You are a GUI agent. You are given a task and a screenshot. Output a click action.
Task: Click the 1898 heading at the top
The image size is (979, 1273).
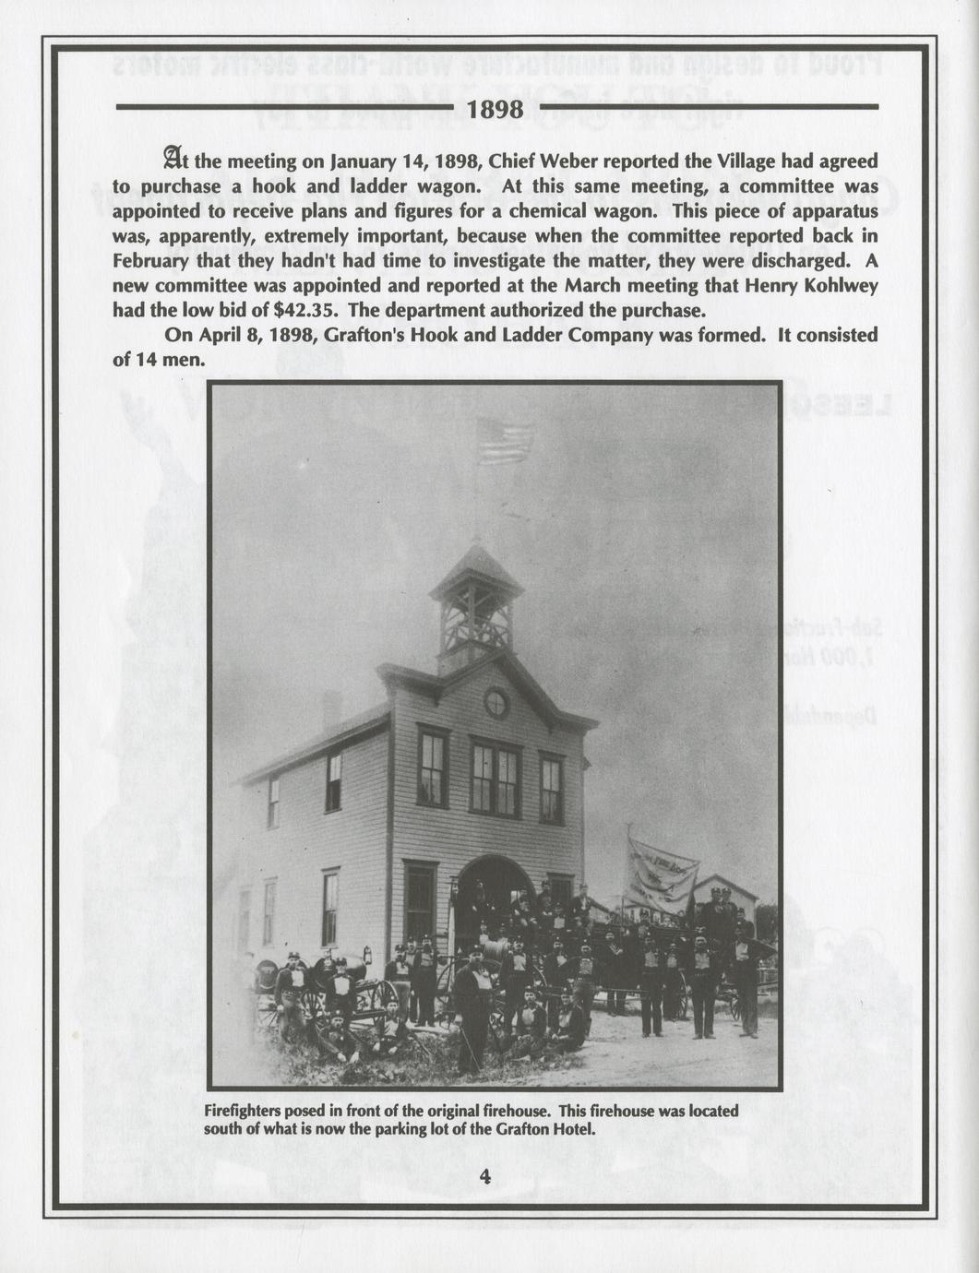[x=495, y=110]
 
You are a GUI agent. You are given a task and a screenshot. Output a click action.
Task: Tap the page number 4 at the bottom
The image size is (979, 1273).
[x=486, y=1175]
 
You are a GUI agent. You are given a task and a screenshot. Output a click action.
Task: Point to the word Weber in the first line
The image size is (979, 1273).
[x=572, y=161]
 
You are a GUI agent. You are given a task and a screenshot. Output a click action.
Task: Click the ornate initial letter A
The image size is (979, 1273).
[x=173, y=159]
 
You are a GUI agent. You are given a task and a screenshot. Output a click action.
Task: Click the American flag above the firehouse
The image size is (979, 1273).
[x=505, y=442]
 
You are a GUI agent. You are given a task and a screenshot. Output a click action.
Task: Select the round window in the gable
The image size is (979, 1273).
[x=496, y=704]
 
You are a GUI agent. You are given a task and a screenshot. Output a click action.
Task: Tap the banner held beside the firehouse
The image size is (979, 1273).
[x=662, y=872]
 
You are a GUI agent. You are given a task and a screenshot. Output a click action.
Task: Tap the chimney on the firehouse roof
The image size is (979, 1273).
[x=332, y=710]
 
